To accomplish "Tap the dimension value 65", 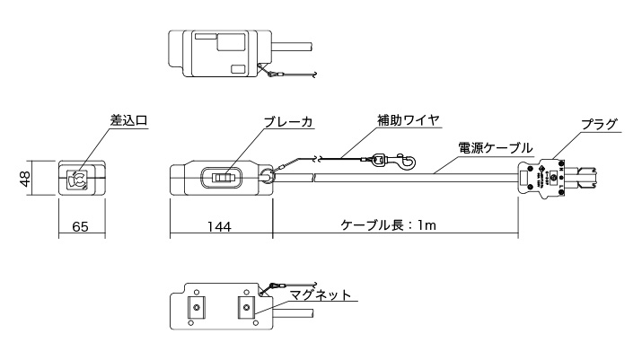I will [80, 228].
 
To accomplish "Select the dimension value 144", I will [219, 228].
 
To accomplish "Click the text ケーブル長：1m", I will [389, 226].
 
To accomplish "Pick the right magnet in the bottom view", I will [244, 308].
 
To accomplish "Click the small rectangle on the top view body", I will [238, 68].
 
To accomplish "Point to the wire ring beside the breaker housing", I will [268, 178].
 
